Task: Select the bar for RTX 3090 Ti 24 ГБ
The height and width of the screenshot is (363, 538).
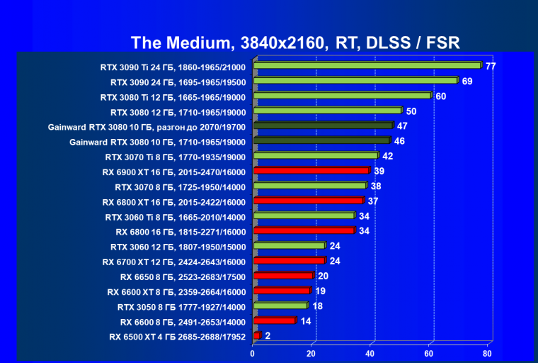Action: [367, 66]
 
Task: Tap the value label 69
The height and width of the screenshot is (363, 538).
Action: [467, 81]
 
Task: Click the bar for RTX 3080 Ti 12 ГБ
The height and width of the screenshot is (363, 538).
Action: [342, 96]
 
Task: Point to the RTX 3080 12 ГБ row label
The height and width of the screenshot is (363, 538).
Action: [178, 112]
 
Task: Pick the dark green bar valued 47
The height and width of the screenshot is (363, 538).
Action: [323, 126]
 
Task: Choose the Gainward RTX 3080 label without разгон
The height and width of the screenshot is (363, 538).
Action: [157, 142]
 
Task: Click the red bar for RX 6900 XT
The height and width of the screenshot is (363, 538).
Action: [311, 171]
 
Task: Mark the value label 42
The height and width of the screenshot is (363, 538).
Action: [387, 156]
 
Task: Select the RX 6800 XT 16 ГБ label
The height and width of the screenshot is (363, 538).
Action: [173, 201]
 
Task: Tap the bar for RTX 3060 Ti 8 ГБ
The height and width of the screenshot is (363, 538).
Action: [304, 216]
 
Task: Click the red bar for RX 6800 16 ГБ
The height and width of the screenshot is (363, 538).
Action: [304, 230]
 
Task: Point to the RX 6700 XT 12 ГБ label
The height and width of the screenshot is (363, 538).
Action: [173, 262]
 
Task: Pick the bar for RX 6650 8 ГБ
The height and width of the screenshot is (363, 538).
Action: [283, 276]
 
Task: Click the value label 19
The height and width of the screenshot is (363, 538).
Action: [320, 291]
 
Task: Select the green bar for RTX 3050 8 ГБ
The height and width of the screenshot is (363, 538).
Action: [280, 306]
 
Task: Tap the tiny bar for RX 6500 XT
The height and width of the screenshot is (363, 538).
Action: [257, 335]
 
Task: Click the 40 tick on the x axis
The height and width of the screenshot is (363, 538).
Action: [370, 353]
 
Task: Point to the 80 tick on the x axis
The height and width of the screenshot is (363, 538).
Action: [487, 353]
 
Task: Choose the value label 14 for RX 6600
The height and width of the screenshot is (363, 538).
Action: [305, 321]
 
